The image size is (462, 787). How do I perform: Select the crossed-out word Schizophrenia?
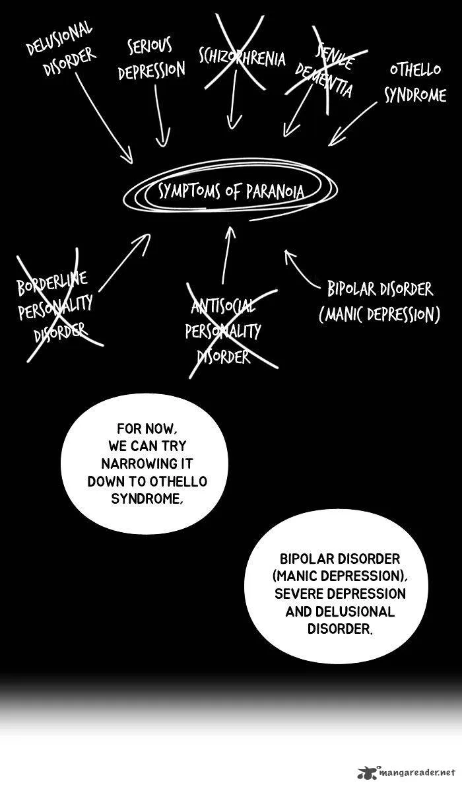pos(242,58)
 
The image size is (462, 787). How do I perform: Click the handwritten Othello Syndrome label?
pos(415,83)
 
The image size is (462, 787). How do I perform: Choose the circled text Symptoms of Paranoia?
pos(231,191)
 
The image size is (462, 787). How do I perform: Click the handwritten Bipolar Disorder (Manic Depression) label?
pos(379,302)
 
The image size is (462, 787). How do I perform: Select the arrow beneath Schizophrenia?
pos(233,100)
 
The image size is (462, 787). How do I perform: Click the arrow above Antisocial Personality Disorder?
pos(227,256)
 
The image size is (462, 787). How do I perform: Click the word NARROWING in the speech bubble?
pos(147,463)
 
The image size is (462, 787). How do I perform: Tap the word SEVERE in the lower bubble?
pos(298,594)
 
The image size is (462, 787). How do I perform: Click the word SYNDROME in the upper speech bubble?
pos(145,498)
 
